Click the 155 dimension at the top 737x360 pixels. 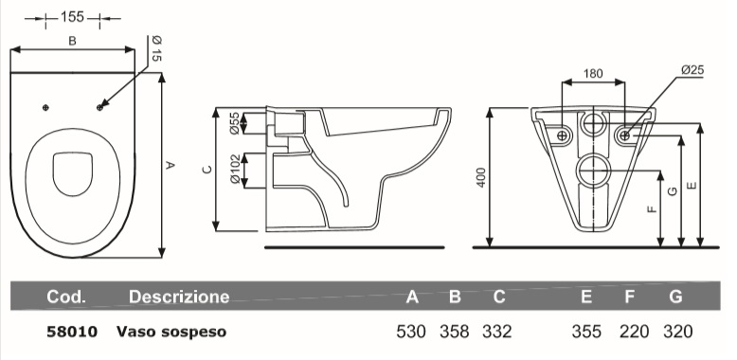coord(72,17)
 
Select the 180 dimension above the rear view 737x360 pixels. coord(593,73)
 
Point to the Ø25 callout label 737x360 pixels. coord(692,70)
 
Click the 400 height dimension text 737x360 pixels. coord(481,178)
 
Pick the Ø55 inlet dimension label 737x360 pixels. coord(235,123)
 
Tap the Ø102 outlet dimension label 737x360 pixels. coord(235,170)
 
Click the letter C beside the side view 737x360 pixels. coord(207,170)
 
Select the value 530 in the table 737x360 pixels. coord(411,332)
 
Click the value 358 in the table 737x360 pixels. coord(454,332)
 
